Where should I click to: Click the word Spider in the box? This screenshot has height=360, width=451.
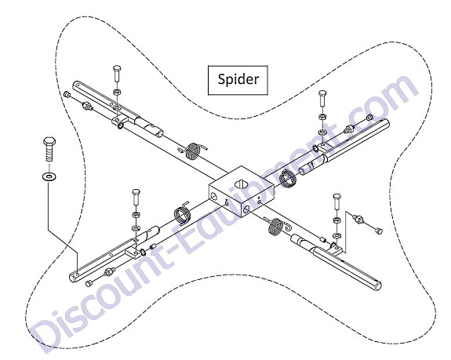coord(238,79)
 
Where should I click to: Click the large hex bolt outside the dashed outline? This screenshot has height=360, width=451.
coord(49,149)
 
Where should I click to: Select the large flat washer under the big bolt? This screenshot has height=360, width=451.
coord(49,176)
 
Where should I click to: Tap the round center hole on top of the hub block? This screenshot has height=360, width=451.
coord(241,184)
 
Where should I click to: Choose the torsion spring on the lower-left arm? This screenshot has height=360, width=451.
coord(182,213)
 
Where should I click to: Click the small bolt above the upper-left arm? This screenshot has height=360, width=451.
coord(117,73)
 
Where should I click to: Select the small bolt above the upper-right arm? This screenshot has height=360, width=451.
coord(322,98)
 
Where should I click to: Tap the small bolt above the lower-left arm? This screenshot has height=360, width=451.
coord(136,197)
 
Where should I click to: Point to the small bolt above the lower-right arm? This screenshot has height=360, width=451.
coord(337,202)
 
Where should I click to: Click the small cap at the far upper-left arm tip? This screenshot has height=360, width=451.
coord(67,94)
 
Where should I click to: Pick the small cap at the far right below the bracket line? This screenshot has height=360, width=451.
coord(379,230)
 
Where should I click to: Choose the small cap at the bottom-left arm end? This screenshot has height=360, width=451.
coord(89,283)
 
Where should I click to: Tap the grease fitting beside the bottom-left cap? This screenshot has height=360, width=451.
coord(110,271)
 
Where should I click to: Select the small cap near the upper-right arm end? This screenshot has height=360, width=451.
coord(369,117)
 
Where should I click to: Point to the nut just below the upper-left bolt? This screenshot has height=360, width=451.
coord(117,92)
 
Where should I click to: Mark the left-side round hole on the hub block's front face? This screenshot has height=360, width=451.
coord(214,197)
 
